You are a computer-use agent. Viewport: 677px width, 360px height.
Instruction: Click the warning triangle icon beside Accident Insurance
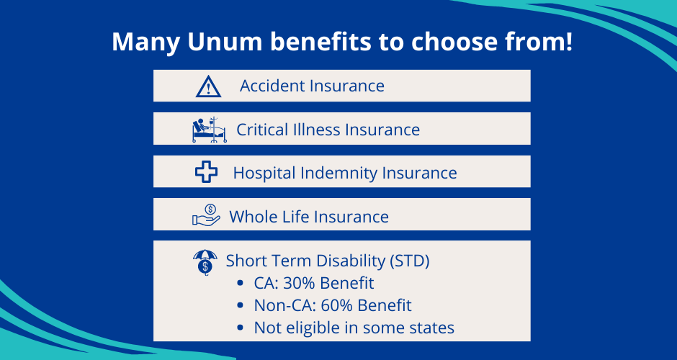pos(208,86)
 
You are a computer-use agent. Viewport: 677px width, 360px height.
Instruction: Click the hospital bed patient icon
pos(209,130)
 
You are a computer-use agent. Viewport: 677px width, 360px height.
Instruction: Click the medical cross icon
pos(207,173)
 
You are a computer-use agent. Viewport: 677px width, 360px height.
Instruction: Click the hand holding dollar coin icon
pos(206,215)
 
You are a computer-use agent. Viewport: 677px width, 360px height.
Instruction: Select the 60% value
pos(341,305)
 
